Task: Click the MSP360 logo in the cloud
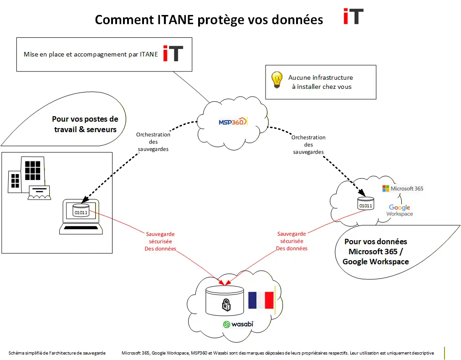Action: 232,122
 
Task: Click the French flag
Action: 261,301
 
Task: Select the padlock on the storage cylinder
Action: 226,304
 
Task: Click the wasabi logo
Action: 238,324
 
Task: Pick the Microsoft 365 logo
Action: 403,188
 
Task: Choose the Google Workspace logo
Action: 400,211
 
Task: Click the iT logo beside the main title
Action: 353,17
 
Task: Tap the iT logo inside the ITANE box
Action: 173,53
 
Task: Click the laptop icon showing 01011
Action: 82,215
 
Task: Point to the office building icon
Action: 27,175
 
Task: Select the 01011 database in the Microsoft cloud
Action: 365,203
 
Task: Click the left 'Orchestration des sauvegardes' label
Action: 153,142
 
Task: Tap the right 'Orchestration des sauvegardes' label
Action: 308,144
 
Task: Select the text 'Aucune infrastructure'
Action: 320,77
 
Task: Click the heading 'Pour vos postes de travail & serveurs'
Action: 85,124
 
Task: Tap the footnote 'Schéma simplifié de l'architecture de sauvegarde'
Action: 57,353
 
